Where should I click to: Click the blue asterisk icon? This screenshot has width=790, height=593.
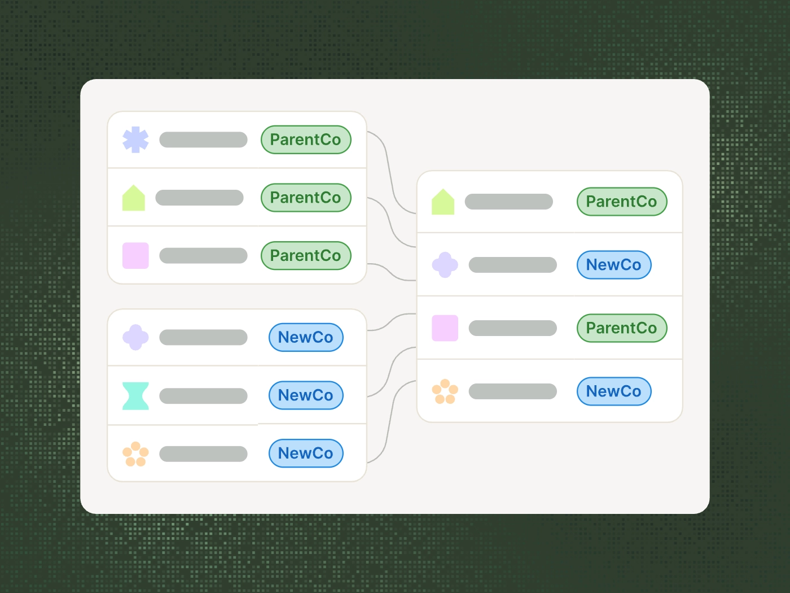(x=135, y=139)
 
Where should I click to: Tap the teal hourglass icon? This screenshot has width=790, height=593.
(x=135, y=395)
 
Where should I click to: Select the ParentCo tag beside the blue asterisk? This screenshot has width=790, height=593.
(x=306, y=139)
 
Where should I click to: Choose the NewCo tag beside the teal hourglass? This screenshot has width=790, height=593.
(x=306, y=395)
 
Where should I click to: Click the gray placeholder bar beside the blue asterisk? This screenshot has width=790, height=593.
(x=203, y=139)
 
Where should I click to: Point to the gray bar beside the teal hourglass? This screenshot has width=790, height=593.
(x=203, y=395)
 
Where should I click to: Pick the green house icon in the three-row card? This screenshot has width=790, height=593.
(x=134, y=198)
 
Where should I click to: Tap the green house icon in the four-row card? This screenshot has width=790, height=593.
(x=443, y=202)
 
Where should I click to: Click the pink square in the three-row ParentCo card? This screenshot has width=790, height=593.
(x=135, y=255)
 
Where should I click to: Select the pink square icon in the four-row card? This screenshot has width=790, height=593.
(x=445, y=328)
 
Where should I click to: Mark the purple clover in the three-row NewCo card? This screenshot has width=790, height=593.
(x=135, y=337)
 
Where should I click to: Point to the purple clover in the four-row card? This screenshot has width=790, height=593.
(x=445, y=265)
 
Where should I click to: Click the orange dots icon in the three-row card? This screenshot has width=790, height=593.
(x=135, y=454)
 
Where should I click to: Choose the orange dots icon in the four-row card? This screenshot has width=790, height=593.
(x=445, y=391)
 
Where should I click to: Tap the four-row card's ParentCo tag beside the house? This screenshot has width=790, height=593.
(x=622, y=202)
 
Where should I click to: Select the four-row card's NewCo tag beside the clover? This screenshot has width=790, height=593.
(x=614, y=265)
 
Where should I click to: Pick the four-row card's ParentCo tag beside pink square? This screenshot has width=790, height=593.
(x=622, y=328)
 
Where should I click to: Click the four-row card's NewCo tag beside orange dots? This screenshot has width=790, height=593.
(x=614, y=391)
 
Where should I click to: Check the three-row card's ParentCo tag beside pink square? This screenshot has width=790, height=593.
(x=306, y=256)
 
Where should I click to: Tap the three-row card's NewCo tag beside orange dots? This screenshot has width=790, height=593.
(x=306, y=454)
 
